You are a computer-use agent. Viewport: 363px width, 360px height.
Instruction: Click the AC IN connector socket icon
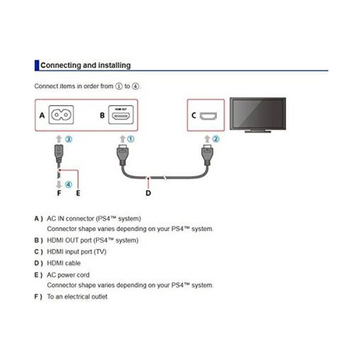tap(61, 114)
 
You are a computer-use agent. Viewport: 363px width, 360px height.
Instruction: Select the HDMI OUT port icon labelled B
tap(121, 114)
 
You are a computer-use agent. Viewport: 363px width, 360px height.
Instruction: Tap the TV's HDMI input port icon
tap(208, 116)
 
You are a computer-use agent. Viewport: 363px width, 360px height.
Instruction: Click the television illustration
tap(258, 115)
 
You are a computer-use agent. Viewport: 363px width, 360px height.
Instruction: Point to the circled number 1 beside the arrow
tap(131, 139)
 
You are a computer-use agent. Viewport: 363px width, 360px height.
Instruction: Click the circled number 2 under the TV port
tap(215, 139)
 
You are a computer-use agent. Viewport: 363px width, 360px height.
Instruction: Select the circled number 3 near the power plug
tap(69, 139)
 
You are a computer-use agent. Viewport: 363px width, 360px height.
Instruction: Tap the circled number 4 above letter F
tap(69, 184)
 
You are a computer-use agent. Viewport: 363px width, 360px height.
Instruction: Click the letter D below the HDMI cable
tap(148, 193)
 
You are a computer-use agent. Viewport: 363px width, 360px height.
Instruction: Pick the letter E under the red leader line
tap(78, 193)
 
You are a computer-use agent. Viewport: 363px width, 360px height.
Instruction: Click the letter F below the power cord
tap(59, 193)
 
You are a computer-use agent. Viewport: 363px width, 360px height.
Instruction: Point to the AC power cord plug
tap(59, 154)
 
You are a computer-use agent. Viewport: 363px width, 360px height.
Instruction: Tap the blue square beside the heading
tap(37, 65)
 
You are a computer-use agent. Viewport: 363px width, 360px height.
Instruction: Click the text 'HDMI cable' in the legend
tap(64, 263)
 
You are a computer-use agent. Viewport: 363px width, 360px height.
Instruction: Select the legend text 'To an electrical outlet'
tap(77, 296)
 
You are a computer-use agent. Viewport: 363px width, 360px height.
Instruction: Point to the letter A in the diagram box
tap(42, 115)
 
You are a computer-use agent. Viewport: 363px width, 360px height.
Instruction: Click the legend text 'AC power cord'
tap(69, 275)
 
